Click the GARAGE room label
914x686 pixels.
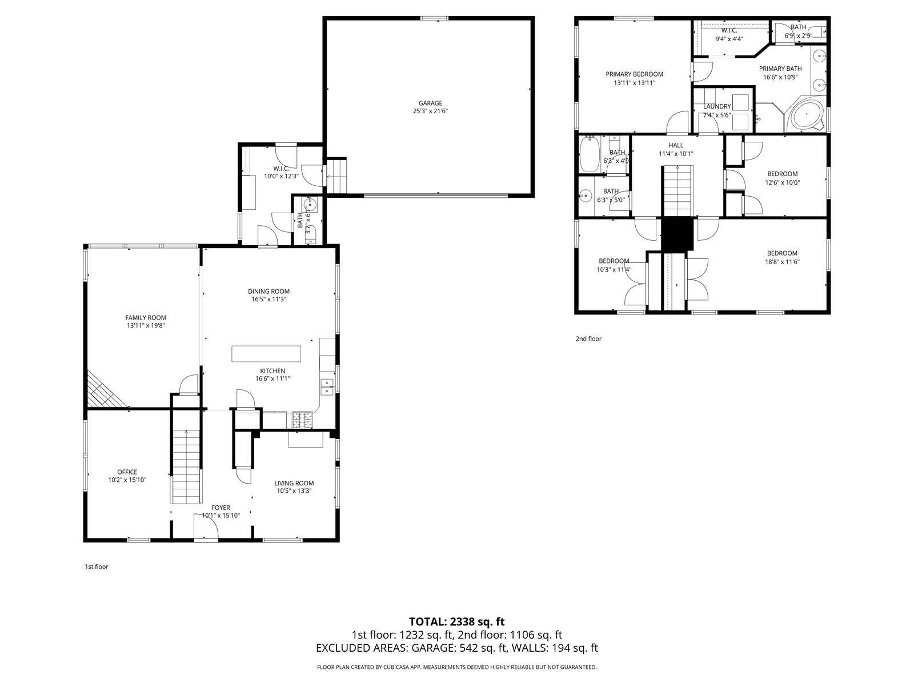[x=430, y=103]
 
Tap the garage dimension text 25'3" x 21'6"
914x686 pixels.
[x=430, y=111]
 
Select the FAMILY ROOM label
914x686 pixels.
[x=146, y=317]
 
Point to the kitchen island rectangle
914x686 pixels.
[x=266, y=354]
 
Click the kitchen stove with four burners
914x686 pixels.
[x=302, y=420]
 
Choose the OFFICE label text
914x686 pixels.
[x=127, y=472]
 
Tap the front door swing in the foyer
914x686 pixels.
[x=206, y=527]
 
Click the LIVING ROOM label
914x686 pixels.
[x=294, y=483]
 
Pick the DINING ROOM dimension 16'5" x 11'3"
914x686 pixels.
[x=268, y=300]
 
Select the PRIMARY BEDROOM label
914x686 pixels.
[x=634, y=74]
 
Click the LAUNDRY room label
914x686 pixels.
[x=717, y=106]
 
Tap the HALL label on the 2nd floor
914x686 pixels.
[x=676, y=145]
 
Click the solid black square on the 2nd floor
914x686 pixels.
[x=677, y=234]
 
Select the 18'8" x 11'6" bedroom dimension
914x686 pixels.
[x=782, y=262]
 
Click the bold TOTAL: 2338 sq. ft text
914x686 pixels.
[x=457, y=622]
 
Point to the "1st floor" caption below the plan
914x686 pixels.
[x=97, y=567]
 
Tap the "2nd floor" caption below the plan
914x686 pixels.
[x=588, y=338]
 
